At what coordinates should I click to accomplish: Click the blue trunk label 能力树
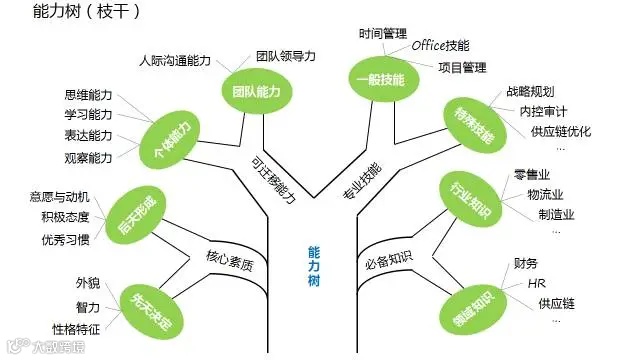pos(314,264)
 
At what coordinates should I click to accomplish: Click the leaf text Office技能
pos(441,46)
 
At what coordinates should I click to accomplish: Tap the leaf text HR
pos(536,284)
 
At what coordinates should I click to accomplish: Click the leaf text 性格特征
pos(76,328)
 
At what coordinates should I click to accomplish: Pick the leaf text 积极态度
pos(65,217)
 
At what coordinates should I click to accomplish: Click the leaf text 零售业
pos(532,174)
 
